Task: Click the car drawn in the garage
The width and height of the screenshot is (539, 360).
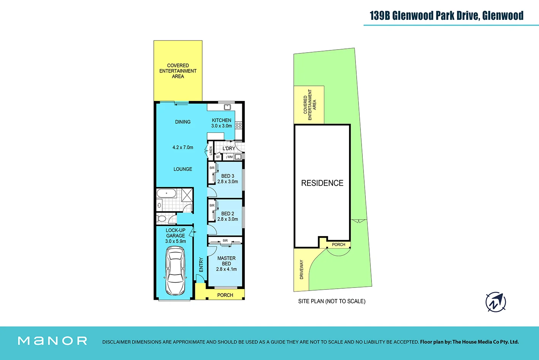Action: click(175, 271)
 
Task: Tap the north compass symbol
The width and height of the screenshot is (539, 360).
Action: click(496, 302)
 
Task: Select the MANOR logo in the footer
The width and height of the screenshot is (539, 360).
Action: click(52, 341)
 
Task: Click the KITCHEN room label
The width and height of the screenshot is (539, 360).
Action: click(221, 120)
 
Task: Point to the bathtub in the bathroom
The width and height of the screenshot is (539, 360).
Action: click(167, 193)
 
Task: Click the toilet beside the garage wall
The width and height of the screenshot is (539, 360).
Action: click(161, 219)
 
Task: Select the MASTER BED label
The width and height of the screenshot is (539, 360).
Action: click(226, 261)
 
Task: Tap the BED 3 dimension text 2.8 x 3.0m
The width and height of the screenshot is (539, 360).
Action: click(227, 182)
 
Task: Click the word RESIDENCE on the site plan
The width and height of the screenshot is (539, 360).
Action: click(322, 183)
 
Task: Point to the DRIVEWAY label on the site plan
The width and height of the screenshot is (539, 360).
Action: click(301, 269)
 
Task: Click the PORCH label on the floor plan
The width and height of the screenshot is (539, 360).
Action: click(225, 295)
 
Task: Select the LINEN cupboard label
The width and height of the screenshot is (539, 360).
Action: click(211, 151)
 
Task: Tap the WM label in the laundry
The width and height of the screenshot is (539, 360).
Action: click(230, 157)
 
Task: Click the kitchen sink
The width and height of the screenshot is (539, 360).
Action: click(227, 107)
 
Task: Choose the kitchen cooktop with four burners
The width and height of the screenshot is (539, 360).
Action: click(239, 125)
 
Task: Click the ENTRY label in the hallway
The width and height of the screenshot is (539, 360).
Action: click(201, 265)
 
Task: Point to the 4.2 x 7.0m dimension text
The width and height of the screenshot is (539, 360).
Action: click(183, 147)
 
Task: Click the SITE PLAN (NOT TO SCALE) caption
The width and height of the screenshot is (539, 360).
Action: click(331, 301)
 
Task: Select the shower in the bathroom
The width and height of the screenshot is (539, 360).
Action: click(187, 194)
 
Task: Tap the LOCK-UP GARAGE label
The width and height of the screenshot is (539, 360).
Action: click(175, 233)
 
